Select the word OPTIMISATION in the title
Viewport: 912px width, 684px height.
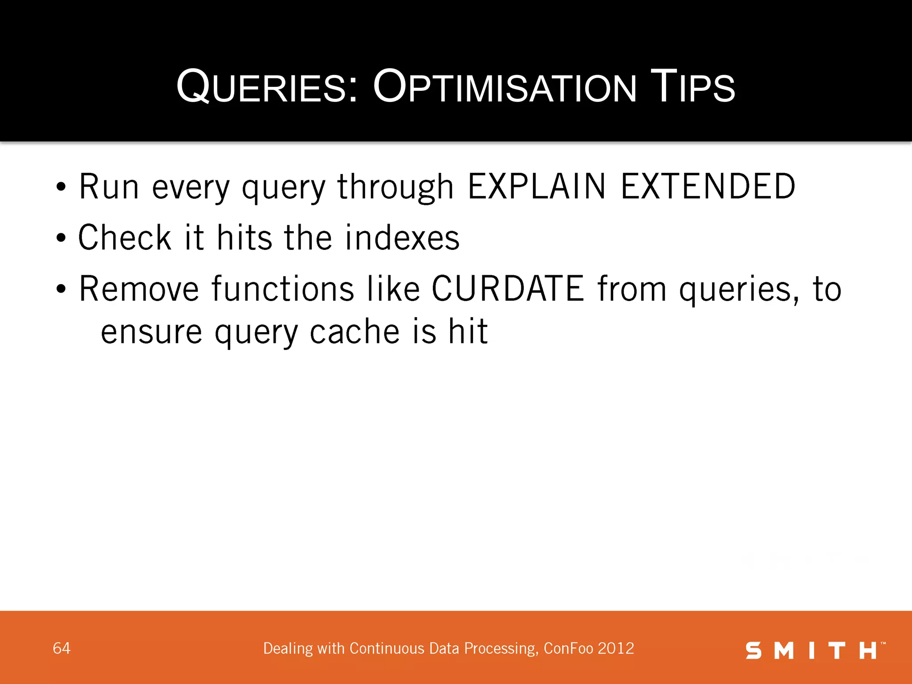click(505, 87)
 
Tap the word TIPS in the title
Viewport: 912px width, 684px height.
click(692, 87)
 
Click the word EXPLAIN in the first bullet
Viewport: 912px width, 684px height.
click(537, 187)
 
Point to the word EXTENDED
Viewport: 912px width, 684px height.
click(708, 187)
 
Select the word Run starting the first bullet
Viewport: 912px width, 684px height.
click(109, 187)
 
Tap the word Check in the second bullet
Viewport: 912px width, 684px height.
click(125, 238)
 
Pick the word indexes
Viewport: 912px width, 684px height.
click(402, 238)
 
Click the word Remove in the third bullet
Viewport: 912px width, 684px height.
click(139, 289)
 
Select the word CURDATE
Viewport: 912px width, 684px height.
click(508, 289)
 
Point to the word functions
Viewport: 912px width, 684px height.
click(283, 289)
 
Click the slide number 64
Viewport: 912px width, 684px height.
click(61, 648)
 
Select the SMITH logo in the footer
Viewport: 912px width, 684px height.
click(815, 651)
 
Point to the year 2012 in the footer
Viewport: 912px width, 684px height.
click(616, 648)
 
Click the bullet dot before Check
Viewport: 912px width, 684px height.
click(61, 238)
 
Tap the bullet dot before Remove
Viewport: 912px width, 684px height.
click(61, 289)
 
